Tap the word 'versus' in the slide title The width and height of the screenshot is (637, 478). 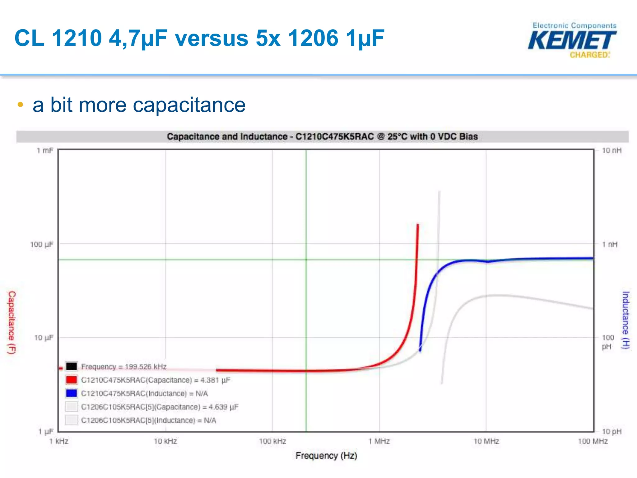[x=212, y=38]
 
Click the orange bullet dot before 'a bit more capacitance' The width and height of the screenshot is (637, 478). [x=20, y=105]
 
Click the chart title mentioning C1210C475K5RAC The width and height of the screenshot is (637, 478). [x=322, y=137]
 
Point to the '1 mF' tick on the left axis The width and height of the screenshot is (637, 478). [x=45, y=151]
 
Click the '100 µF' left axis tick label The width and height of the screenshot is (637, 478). [x=42, y=244]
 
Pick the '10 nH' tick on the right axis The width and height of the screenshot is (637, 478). [x=611, y=151]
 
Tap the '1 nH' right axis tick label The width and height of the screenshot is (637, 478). [x=610, y=244]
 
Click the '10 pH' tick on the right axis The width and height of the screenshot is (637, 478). [x=611, y=431]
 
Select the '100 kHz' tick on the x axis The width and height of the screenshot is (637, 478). [x=272, y=441]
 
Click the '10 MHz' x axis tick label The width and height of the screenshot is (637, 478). [x=486, y=441]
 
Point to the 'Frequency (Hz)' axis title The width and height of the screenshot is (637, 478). [x=326, y=456]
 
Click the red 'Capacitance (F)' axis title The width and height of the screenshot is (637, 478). [x=12, y=322]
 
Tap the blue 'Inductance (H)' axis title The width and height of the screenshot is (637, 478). [x=625, y=320]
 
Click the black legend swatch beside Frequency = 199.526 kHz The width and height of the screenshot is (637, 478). [x=72, y=366]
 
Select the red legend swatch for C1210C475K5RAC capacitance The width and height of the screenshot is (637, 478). [x=72, y=380]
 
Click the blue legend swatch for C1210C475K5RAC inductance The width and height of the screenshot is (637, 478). [x=72, y=393]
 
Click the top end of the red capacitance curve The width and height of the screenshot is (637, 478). [x=418, y=224]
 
